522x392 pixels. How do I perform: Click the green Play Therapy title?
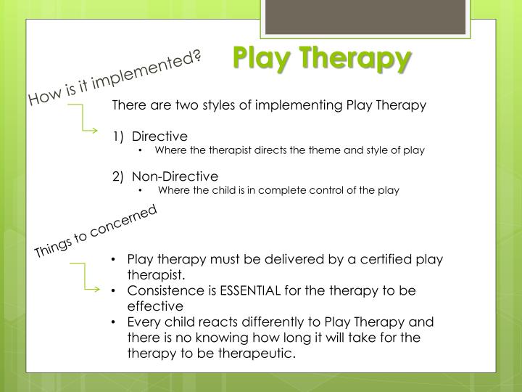tap(322, 59)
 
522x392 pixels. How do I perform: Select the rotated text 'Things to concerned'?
tap(96, 232)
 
